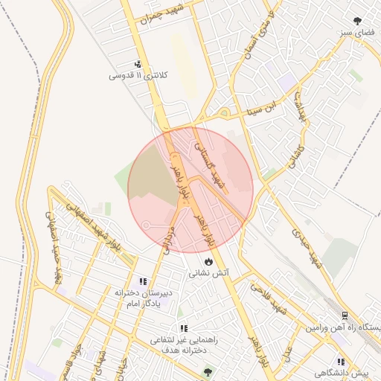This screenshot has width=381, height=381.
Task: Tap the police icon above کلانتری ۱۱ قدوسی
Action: [138, 65]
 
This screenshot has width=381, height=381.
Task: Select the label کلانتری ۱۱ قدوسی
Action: [139, 76]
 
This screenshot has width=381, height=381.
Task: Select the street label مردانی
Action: [167, 240]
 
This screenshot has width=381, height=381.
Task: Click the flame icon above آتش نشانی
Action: [209, 262]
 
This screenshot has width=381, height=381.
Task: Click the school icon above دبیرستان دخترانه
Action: [141, 281]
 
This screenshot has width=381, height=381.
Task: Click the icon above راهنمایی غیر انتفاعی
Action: [183, 328]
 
